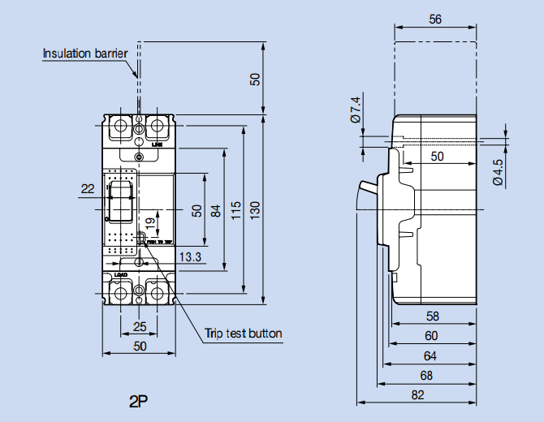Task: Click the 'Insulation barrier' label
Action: [84, 54]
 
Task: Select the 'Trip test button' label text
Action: [243, 334]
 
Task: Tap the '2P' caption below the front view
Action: [139, 400]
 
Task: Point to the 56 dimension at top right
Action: [435, 20]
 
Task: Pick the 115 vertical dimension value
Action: [234, 209]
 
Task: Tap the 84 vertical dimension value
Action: [215, 210]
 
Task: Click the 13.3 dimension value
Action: [190, 258]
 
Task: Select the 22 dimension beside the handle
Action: [88, 189]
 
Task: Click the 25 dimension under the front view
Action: [140, 327]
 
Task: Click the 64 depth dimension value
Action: [430, 355]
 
